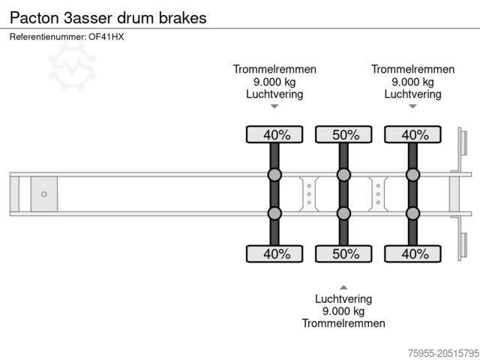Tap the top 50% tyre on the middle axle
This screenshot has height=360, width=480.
(343, 135)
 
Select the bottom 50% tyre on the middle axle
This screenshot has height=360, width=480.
(343, 253)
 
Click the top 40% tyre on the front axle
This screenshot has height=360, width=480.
(274, 135)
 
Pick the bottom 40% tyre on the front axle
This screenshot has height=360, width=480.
(274, 253)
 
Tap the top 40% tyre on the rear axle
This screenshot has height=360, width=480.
(412, 135)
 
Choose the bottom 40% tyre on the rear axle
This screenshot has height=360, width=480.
(412, 253)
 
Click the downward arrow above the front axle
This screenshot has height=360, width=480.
(274, 106)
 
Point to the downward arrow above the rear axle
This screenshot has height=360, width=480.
(412, 106)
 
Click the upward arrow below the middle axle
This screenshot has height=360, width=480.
(343, 287)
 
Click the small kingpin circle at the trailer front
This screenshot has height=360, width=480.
(44, 194)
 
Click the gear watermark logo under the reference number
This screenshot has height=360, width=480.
(72, 66)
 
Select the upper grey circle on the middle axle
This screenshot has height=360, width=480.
(343, 175)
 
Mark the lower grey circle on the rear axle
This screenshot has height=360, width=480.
(412, 214)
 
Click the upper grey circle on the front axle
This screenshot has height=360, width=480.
(274, 175)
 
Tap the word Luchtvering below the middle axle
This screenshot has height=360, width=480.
(343, 298)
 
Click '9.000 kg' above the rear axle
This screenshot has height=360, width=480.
(412, 82)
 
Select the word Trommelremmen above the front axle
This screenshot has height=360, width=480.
(274, 69)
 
